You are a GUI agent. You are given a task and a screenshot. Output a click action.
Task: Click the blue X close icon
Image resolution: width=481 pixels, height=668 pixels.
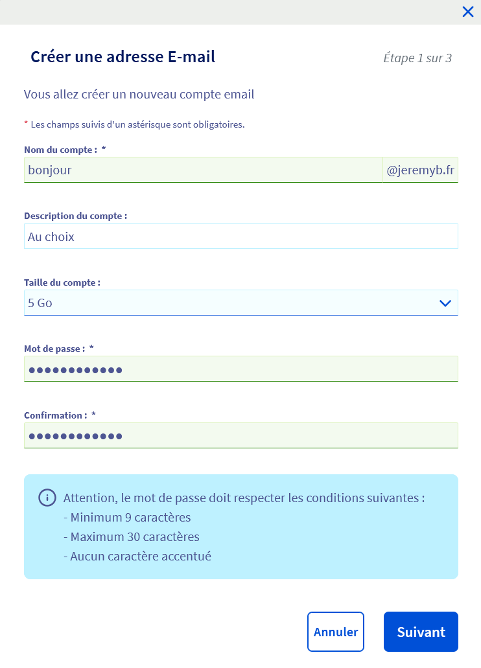(x=468, y=12)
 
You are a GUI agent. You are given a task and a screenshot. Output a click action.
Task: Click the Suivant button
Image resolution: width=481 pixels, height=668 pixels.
(x=421, y=632)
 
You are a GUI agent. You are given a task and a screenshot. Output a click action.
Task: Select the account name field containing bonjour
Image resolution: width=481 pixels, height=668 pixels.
(x=202, y=170)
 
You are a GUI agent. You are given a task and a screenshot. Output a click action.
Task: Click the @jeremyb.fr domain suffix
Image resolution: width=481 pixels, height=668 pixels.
(x=420, y=170)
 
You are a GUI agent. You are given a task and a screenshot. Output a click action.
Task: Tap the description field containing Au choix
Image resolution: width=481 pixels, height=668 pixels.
(x=240, y=236)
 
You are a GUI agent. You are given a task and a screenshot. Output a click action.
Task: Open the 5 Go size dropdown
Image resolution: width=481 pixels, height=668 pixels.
(x=227, y=303)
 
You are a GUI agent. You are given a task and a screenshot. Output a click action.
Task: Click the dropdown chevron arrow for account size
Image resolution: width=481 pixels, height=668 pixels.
(x=445, y=303)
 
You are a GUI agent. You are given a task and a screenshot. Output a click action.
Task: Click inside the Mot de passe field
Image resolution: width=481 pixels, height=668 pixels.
(x=240, y=369)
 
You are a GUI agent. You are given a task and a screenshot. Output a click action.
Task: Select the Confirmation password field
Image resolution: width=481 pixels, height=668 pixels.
(x=240, y=435)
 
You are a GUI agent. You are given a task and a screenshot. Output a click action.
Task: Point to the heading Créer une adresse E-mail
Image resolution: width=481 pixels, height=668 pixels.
(x=123, y=57)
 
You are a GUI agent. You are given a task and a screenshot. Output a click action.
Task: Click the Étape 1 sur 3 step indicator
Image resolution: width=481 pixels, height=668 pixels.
(x=417, y=58)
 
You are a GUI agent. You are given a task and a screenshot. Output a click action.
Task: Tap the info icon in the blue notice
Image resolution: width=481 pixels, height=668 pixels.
(x=47, y=498)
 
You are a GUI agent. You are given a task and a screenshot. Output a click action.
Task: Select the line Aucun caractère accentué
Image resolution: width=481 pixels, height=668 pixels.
(x=137, y=556)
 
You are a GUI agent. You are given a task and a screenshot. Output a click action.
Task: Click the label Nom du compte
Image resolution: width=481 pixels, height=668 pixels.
(x=60, y=150)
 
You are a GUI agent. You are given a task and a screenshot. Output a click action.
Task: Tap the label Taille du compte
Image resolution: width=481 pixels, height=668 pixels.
(x=62, y=282)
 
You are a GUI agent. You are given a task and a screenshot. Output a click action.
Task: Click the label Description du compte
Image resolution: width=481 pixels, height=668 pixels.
(x=75, y=216)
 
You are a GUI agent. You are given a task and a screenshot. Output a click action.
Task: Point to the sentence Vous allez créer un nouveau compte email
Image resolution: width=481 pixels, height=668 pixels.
(x=139, y=95)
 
